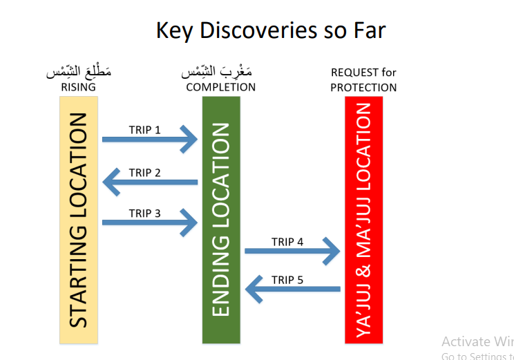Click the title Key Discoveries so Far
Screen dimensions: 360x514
270,31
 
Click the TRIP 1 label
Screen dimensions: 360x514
144,130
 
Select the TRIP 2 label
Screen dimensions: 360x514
144,173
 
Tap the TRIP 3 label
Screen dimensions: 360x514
144,213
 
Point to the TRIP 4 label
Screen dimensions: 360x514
287,242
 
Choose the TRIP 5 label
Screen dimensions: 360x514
287,280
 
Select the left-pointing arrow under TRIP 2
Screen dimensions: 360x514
150,182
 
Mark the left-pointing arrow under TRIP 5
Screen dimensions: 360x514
293,289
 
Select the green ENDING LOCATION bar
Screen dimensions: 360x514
221,220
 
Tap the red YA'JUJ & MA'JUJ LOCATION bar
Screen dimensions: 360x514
363,220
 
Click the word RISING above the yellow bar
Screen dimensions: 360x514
78,88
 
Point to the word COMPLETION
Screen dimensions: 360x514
221,88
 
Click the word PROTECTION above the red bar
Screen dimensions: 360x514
363,88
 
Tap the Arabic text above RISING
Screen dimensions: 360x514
78,72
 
